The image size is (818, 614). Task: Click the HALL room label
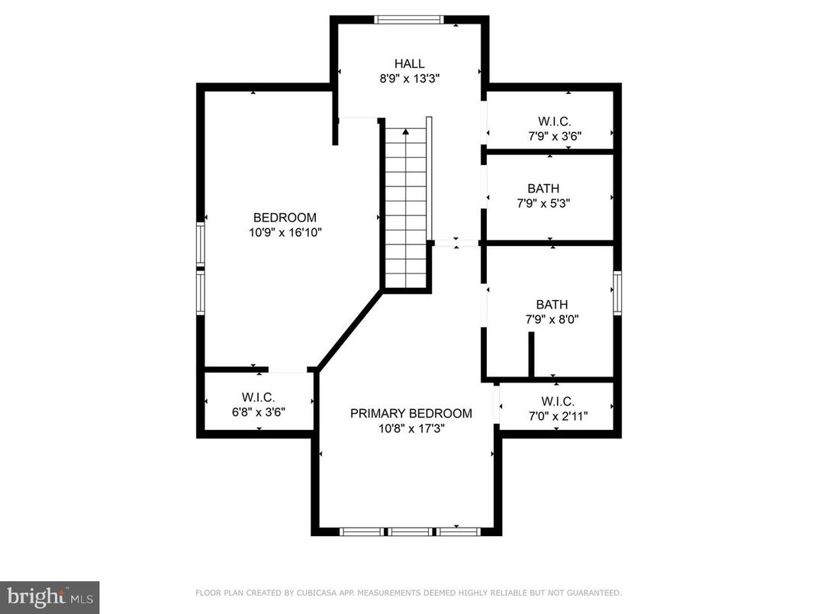pyautogui.click(x=409, y=64)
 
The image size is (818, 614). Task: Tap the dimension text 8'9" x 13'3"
pyautogui.click(x=409, y=79)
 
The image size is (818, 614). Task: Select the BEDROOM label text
pyautogui.click(x=285, y=218)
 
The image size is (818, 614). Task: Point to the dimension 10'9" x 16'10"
pyautogui.click(x=285, y=233)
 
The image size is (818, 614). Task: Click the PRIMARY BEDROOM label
pyautogui.click(x=411, y=414)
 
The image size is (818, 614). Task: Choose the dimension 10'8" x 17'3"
pyautogui.click(x=411, y=429)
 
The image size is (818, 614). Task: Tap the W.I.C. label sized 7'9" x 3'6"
pyautogui.click(x=554, y=121)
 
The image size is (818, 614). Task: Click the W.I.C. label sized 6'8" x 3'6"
pyautogui.click(x=258, y=397)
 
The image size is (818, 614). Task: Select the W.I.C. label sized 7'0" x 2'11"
pyautogui.click(x=558, y=402)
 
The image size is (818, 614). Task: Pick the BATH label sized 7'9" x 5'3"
pyautogui.click(x=543, y=189)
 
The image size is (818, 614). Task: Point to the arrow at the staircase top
pyautogui.click(x=406, y=131)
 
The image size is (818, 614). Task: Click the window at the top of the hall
pyautogui.click(x=408, y=20)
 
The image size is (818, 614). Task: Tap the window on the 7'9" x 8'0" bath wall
pyautogui.click(x=617, y=293)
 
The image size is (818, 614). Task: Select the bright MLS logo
pyautogui.click(x=50, y=595)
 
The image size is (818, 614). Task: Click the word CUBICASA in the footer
pyautogui.click(x=321, y=593)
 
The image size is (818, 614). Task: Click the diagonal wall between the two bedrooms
pyautogui.click(x=349, y=329)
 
